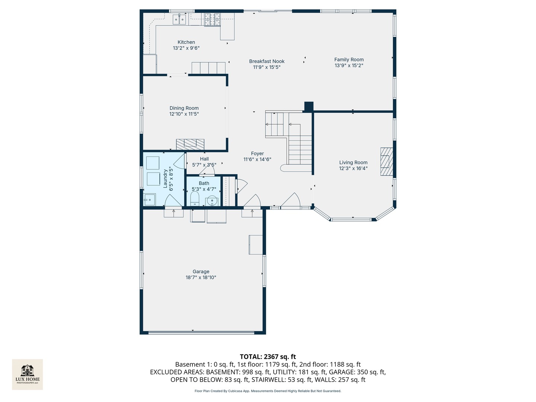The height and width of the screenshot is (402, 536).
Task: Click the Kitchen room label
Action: coord(186,42)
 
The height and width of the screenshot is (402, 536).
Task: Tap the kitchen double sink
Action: coord(179,19)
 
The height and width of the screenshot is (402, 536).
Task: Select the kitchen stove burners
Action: coord(212,19)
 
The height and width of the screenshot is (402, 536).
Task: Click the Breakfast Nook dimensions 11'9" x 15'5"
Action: coord(267,67)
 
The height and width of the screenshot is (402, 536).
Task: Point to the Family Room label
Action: coord(349,60)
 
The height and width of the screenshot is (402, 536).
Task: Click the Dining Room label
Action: coord(184,108)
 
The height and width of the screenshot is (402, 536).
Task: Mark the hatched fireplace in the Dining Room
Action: coord(190,144)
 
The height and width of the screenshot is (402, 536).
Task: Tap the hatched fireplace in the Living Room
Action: coord(387,162)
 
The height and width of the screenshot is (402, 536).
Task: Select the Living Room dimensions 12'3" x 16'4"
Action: coord(353,168)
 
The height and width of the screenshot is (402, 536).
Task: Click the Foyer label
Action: coord(257,153)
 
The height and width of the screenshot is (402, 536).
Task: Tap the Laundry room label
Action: coord(165,179)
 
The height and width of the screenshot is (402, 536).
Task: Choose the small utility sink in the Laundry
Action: coord(149,200)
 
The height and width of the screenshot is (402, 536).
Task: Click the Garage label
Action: coord(201,271)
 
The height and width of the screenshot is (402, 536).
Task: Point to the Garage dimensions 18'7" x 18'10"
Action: coord(201,277)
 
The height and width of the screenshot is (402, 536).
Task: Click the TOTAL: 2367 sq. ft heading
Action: coord(268,357)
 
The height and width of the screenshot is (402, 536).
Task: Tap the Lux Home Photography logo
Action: coord(27,374)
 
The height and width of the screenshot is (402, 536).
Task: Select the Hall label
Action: coord(204,159)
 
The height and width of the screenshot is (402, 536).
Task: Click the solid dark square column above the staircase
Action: coord(309,106)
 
